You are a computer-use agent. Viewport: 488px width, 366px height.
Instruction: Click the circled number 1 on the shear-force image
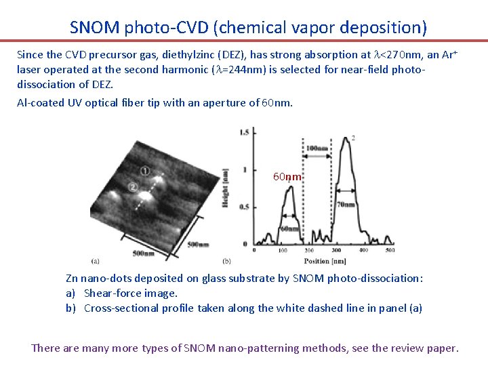(145, 170)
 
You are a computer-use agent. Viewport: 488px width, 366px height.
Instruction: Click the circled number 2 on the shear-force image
(133, 186)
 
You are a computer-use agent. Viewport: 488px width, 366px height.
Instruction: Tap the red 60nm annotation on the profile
(287, 177)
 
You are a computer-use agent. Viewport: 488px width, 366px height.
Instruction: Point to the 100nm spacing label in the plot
(317, 148)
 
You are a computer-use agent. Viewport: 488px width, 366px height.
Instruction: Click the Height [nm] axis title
(225, 188)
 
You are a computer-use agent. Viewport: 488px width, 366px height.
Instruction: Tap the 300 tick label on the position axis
(338, 251)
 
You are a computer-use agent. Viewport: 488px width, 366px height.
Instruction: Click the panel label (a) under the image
(95, 260)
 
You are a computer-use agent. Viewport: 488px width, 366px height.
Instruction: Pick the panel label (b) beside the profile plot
(226, 260)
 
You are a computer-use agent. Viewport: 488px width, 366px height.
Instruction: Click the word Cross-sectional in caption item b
(120, 308)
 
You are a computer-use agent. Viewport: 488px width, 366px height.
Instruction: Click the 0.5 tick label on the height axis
(243, 207)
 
